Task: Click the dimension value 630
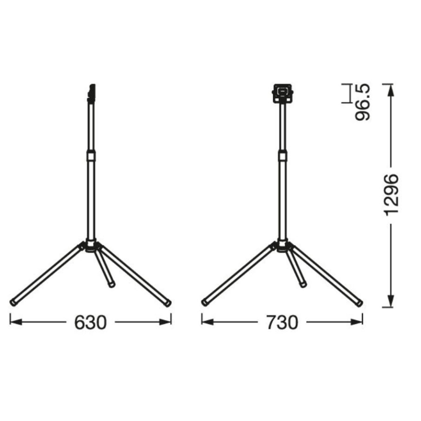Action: click(x=90, y=322)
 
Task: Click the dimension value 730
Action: click(x=282, y=322)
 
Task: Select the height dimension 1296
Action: click(x=390, y=194)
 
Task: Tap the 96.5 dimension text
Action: click(x=362, y=102)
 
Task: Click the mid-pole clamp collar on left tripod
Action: click(x=91, y=155)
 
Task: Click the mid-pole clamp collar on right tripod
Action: click(x=282, y=155)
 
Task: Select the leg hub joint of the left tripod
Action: click(x=91, y=246)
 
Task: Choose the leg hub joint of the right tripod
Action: click(x=282, y=246)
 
